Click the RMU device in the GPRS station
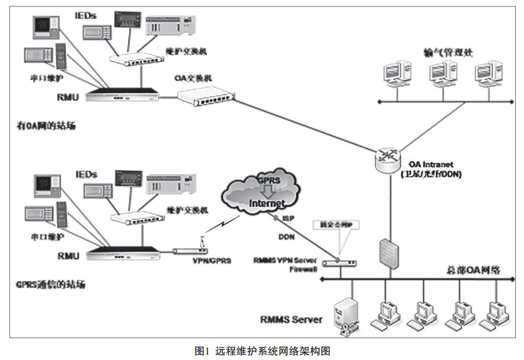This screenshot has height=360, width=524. [x=124, y=254]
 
